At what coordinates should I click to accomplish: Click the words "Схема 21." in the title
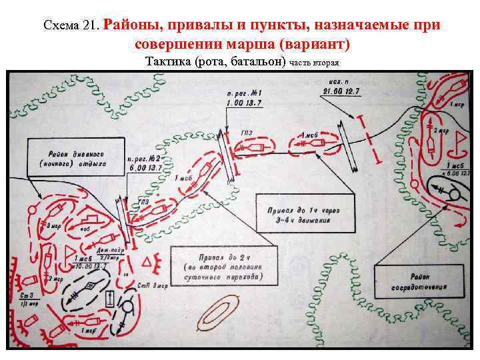pyautogui.click(x=71, y=26)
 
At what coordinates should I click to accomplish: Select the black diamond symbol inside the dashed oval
pyautogui.click(x=89, y=288)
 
